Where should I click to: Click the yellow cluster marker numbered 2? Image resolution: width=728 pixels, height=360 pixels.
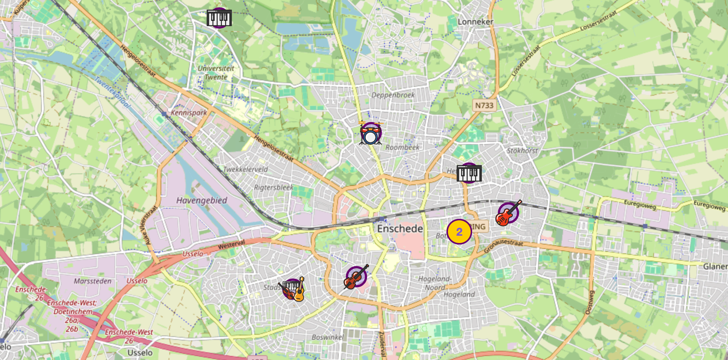point(459,232)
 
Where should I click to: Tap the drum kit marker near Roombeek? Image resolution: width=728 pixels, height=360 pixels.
point(371,133)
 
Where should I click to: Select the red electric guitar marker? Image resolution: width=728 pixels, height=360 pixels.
point(508,213)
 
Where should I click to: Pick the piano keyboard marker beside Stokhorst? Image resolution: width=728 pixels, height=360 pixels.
point(469,173)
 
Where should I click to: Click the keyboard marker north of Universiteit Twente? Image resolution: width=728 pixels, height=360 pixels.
point(219,18)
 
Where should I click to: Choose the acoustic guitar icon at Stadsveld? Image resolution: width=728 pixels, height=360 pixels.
point(300,290)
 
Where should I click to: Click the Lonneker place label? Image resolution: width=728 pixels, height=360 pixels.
point(475,22)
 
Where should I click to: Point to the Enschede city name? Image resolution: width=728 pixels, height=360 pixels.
point(400,229)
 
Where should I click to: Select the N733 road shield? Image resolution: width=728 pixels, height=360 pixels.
point(484,106)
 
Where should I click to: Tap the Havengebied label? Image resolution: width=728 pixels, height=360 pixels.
point(202,201)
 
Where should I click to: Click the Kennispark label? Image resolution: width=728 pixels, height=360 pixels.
point(189,113)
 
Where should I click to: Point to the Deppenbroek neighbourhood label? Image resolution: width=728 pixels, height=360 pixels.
point(393,95)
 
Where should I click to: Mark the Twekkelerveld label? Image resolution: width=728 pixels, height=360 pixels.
point(245,169)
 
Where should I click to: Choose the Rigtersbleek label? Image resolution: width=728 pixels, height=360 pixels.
point(273,187)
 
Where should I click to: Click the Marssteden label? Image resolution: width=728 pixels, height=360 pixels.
point(92,281)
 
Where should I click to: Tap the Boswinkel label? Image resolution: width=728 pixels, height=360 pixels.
point(328,337)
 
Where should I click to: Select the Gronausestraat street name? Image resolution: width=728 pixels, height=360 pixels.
point(503,245)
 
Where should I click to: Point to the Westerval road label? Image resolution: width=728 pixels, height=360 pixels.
point(231,245)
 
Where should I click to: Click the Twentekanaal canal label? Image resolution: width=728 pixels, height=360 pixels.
point(112,92)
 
